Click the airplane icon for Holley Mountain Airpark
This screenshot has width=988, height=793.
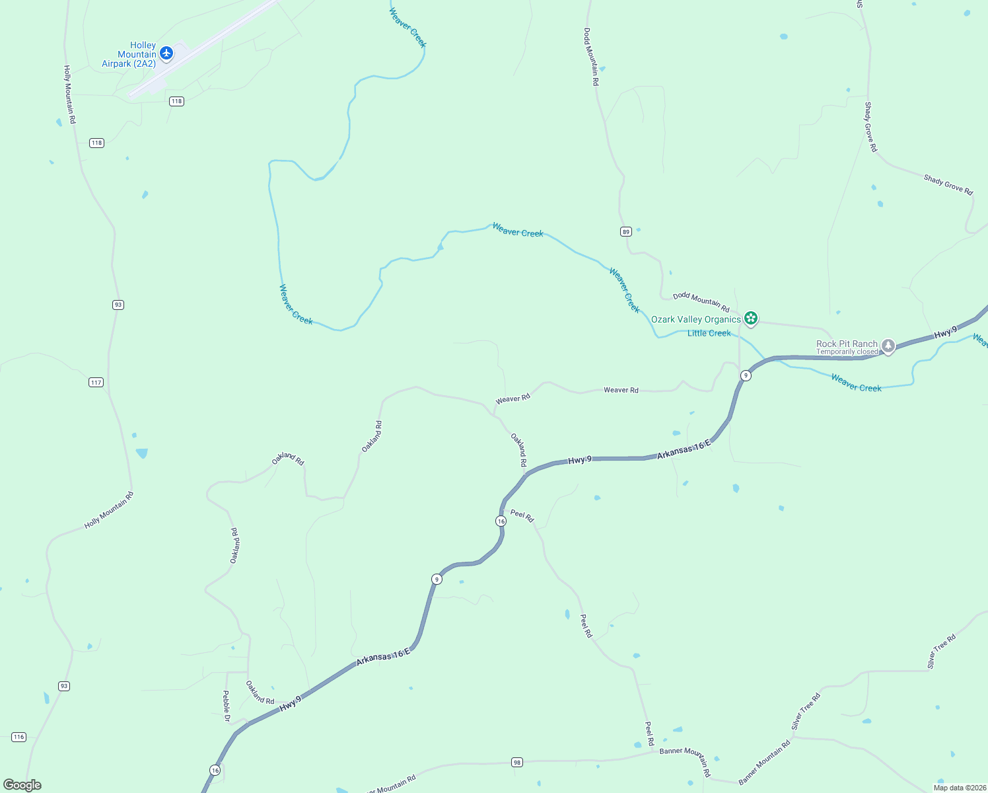click(166, 52)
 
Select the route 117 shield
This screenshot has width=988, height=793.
click(96, 383)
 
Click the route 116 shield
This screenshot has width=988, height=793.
click(18, 737)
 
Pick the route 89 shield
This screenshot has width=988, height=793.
click(626, 231)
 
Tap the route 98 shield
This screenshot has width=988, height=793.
click(517, 763)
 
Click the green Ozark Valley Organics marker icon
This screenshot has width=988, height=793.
click(750, 319)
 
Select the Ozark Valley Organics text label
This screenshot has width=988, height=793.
click(695, 320)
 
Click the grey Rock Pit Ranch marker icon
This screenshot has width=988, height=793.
click(888, 346)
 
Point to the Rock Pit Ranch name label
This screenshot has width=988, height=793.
click(847, 344)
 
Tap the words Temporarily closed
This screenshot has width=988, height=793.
click(847, 352)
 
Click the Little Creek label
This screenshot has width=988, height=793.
click(709, 334)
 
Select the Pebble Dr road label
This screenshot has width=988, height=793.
click(226, 706)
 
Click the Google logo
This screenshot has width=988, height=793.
click(22, 784)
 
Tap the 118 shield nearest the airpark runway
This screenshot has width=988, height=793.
click(176, 101)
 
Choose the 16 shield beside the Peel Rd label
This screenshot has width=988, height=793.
click(501, 521)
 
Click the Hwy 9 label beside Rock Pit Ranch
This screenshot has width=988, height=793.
click(945, 333)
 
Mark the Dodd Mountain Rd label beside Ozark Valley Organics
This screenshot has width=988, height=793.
click(701, 303)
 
